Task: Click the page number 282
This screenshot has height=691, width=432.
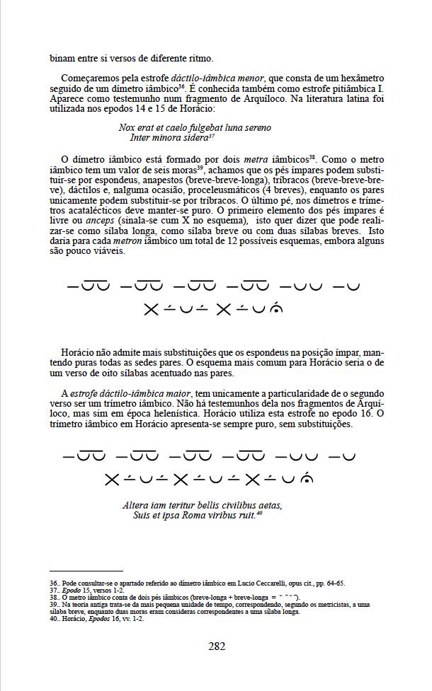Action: [217, 646]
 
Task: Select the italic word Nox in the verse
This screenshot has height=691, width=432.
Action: [127, 128]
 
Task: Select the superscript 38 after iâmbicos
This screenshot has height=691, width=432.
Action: [312, 157]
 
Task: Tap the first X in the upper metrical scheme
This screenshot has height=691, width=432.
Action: [150, 309]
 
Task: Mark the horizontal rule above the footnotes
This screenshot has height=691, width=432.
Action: [86, 571]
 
